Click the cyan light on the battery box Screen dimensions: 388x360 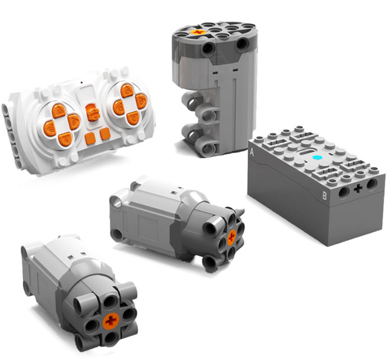pos(317,158)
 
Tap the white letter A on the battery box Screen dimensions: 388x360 pos(252,152)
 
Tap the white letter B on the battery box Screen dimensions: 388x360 pos(324,196)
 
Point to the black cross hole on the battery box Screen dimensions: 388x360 pos(358,189)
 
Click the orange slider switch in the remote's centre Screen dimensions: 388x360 pos(93,113)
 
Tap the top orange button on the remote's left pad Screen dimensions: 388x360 pos(58,112)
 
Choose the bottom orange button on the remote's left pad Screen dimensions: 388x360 pos(65,139)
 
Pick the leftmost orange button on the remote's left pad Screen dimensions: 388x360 pos(50,129)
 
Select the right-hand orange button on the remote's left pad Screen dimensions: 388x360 pos(74,122)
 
